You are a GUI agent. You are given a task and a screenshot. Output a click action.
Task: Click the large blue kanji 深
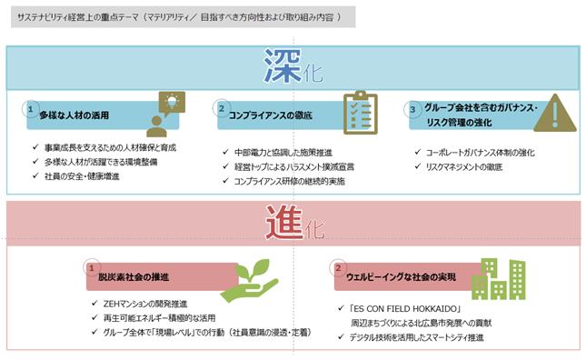click(x=283, y=66)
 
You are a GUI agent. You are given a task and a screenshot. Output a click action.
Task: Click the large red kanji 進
click(x=284, y=223)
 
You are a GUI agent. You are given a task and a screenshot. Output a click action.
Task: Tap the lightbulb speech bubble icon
click(x=165, y=114)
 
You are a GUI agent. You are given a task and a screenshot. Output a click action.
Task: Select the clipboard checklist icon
click(x=361, y=112)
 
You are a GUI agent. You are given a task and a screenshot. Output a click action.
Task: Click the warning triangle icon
click(x=555, y=113)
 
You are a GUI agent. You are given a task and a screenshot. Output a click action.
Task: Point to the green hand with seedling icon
click(x=249, y=280)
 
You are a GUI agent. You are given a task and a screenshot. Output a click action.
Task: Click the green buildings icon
click(x=499, y=279)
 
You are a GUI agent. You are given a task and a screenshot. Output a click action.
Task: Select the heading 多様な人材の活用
click(x=74, y=115)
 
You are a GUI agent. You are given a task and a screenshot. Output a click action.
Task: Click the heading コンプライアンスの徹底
click(x=271, y=115)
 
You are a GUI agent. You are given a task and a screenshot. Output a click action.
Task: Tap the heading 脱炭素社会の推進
click(x=134, y=277)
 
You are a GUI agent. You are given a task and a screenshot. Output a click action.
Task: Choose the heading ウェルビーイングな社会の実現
click(x=401, y=277)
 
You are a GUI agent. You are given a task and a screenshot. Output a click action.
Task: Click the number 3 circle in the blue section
click(x=412, y=109)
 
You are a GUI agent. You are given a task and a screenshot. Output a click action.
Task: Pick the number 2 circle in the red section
click(x=338, y=268)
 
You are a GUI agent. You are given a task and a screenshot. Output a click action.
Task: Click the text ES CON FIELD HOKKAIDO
click(x=405, y=309)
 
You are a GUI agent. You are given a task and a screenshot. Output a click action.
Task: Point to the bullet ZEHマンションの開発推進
click(x=145, y=304)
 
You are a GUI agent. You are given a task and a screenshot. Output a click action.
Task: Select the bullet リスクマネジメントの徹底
click(x=464, y=167)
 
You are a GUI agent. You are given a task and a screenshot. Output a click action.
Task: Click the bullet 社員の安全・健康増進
click(x=82, y=176)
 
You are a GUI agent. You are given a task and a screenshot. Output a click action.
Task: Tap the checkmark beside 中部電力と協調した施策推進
click(x=225, y=152)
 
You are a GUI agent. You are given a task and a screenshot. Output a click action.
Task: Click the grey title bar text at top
click(x=179, y=17)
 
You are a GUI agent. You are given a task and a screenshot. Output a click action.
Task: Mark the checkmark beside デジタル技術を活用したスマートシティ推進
click(x=341, y=337)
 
